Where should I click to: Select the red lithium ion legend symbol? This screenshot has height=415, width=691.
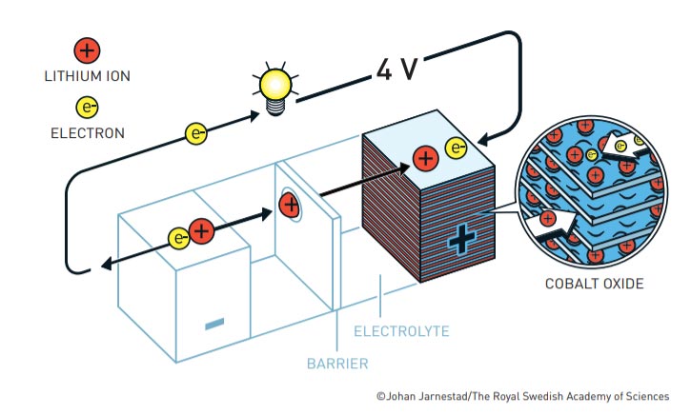[87, 50]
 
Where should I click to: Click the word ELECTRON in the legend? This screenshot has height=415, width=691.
[87, 133]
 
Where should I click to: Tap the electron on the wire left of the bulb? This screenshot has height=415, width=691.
[196, 135]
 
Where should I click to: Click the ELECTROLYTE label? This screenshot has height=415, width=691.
[400, 331]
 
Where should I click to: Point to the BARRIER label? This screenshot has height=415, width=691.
[337, 363]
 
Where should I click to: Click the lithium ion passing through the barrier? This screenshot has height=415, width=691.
[290, 203]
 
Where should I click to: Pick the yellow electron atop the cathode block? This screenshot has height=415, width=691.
[457, 148]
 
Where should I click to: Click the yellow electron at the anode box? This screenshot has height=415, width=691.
[178, 237]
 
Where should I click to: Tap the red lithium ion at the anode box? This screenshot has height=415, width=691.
[201, 231]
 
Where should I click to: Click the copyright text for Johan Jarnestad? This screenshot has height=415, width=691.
[522, 396]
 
